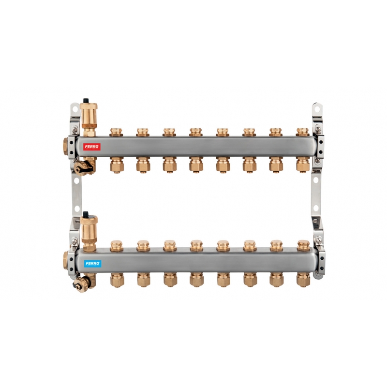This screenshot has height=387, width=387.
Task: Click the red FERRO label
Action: click(92, 147)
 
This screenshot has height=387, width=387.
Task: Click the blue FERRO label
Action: click(92, 264)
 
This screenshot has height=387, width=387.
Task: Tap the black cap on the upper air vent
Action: click(86, 101)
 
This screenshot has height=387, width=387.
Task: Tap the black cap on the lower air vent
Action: click(86, 214)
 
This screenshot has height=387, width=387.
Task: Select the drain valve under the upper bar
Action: click(84, 167)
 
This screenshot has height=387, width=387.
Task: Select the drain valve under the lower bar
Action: click(84, 283)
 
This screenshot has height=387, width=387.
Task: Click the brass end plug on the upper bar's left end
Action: click(65, 147)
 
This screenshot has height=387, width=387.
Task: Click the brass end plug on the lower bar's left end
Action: click(65, 260)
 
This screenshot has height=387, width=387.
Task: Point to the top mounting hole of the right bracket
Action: click(318, 108)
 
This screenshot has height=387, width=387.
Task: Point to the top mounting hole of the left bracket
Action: click(75, 108)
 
